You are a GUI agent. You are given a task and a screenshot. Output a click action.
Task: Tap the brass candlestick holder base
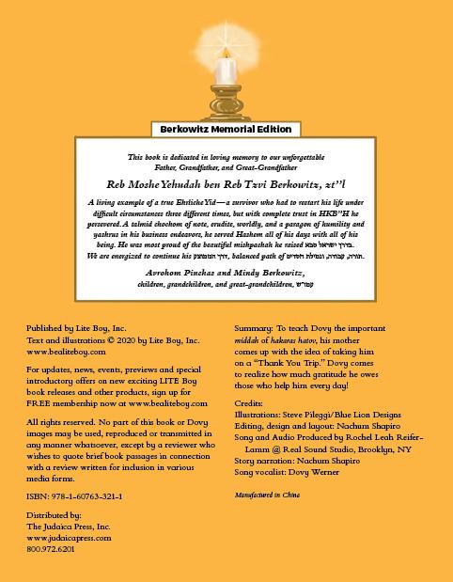tap(226, 111)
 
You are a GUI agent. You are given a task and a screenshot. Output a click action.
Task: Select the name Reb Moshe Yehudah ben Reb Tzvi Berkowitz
tap(226, 186)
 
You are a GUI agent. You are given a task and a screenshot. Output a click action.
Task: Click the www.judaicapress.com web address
tap(70, 539)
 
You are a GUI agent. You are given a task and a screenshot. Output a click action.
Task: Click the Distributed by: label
tap(54, 517)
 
